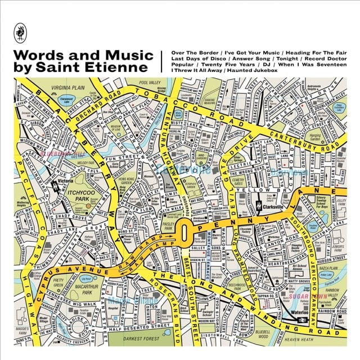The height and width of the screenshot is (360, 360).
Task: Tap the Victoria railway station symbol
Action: point(55,183)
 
